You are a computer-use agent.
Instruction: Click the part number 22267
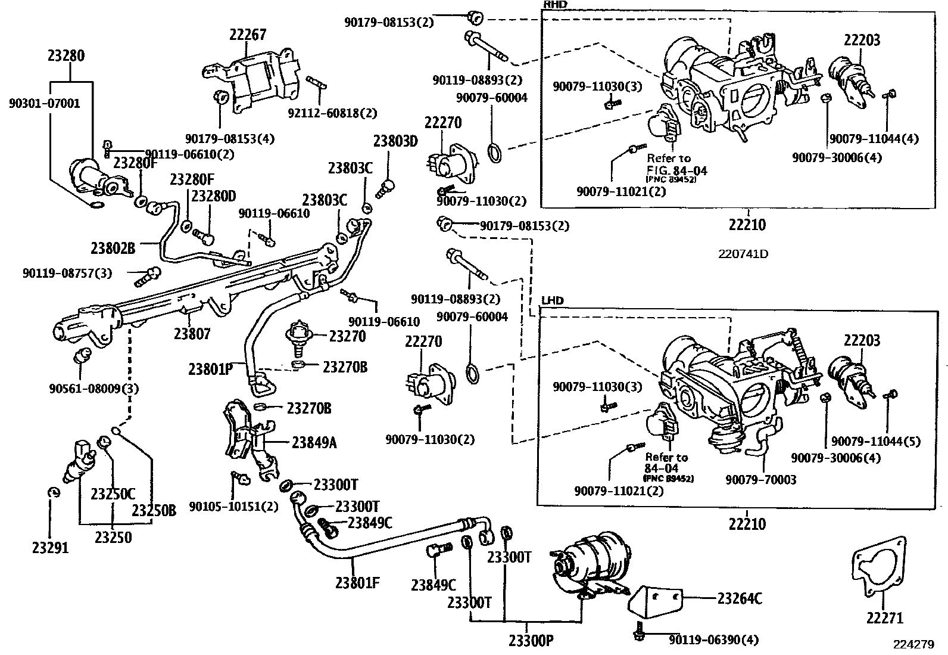click(x=248, y=35)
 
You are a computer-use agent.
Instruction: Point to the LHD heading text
click(x=552, y=301)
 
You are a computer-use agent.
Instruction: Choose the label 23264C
click(x=739, y=598)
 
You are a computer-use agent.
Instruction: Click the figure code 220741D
click(x=743, y=254)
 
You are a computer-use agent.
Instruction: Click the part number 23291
click(x=50, y=547)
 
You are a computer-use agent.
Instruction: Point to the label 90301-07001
click(x=44, y=103)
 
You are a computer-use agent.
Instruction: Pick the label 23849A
click(x=314, y=442)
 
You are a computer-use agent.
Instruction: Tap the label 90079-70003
click(x=760, y=479)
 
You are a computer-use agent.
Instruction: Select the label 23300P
click(x=531, y=641)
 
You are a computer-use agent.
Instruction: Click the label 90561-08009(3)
click(x=94, y=389)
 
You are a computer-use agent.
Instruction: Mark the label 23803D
click(x=395, y=141)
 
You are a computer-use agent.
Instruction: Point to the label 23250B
click(x=154, y=510)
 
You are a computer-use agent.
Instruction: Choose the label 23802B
click(x=113, y=247)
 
